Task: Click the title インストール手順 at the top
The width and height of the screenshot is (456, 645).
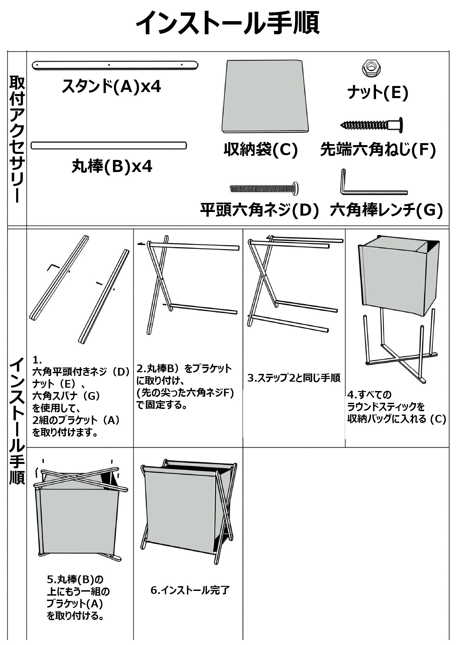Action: click(227, 23)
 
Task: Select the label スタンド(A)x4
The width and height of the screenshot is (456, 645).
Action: click(111, 86)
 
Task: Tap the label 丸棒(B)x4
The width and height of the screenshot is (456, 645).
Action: click(112, 166)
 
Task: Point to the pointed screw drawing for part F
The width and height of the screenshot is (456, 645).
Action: click(372, 125)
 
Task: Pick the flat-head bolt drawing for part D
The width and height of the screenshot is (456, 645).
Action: click(264, 188)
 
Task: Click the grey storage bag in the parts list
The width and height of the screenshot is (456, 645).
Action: click(265, 97)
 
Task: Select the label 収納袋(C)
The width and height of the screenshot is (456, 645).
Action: click(261, 150)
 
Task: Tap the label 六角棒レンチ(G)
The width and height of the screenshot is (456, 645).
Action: click(386, 211)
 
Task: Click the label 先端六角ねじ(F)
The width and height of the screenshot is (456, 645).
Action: click(378, 150)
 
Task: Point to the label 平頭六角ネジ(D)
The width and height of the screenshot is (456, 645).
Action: click(259, 211)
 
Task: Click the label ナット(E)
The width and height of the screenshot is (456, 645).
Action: click(378, 92)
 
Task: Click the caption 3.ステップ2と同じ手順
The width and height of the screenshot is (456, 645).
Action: click(294, 378)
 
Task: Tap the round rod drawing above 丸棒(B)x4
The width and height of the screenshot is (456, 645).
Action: click(109, 145)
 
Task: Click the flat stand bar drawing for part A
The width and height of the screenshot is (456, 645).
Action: click(115, 65)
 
